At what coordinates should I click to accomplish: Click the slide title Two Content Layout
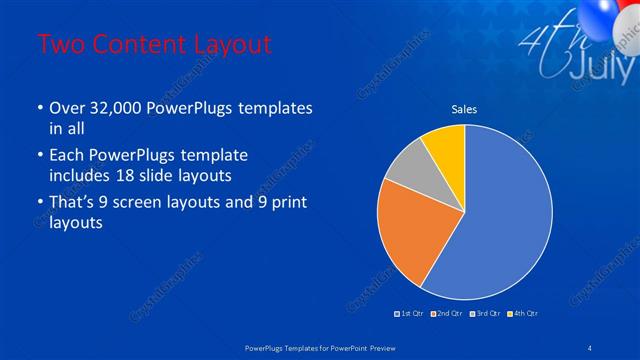click(x=153, y=45)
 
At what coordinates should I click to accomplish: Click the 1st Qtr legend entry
click(x=411, y=314)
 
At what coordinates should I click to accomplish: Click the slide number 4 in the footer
click(x=591, y=347)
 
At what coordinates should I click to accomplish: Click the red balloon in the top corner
click(x=630, y=12)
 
